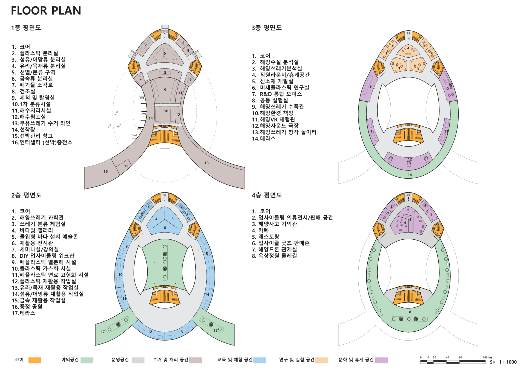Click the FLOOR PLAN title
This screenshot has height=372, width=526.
tap(46, 11)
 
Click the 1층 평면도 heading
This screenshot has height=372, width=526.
tap(26, 28)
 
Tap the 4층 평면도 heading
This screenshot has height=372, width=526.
tap(267, 195)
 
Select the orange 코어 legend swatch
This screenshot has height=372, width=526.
tap(35, 360)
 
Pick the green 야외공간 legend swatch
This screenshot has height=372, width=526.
tap(87, 360)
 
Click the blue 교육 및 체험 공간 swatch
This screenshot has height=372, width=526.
tap(260, 360)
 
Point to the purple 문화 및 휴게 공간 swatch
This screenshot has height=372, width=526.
tap(381, 360)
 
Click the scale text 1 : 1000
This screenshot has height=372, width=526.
tap(508, 362)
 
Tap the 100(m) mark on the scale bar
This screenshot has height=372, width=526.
tap(487, 357)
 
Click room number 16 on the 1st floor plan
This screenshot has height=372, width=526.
tap(105, 171)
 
